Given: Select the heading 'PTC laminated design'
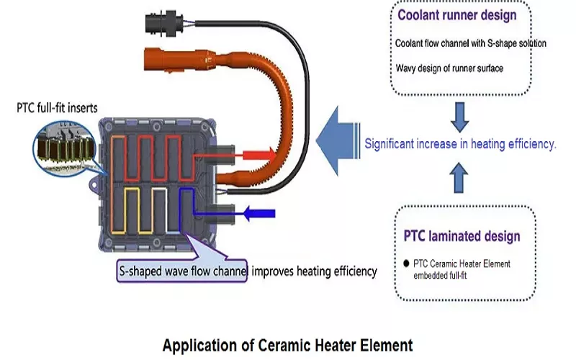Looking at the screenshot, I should point(461,236).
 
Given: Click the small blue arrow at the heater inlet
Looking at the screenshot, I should point(258,213).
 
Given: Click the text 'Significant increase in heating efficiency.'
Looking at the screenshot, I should point(461,144).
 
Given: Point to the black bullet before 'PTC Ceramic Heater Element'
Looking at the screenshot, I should point(407,264).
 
